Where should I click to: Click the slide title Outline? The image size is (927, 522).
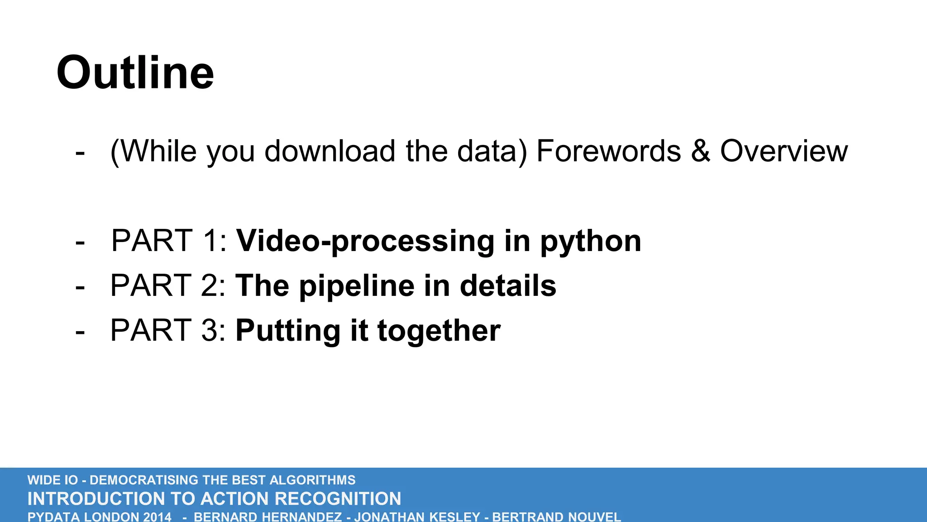[135, 73]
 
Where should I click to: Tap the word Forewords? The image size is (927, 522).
[608, 151]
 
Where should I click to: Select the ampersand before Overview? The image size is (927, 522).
[700, 151]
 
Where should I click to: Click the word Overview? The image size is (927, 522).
[784, 151]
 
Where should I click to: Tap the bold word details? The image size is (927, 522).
[508, 286]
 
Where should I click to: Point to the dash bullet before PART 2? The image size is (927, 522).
[80, 287]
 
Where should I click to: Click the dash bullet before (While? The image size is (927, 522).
[80, 152]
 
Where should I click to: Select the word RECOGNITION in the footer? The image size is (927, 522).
[338, 499]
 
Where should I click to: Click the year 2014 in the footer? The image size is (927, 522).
[157, 517]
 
